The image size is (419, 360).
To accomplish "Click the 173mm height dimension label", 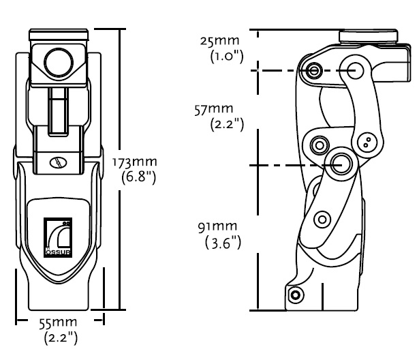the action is pos(134,162).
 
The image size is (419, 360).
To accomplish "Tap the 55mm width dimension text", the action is pos(58,322).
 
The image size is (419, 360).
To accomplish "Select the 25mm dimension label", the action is pos(219,41).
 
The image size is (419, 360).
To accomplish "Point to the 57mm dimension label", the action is pos(214,109).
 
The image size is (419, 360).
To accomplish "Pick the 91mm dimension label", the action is pos(217,227).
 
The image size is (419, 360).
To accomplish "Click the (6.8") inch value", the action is pos(138,177).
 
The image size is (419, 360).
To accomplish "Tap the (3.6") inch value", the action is pos(223,243).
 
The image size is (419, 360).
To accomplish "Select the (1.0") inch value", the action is pos(227,57).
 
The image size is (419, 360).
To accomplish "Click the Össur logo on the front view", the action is pos(58,237).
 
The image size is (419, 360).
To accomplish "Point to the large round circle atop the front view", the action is pos(59,63).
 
